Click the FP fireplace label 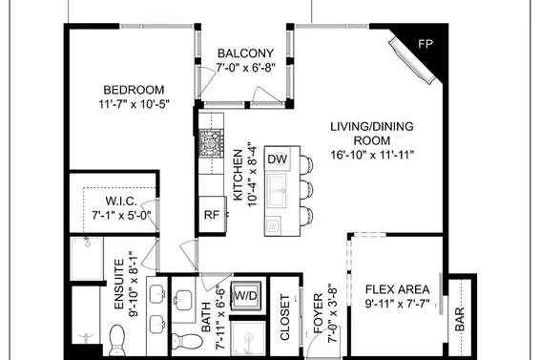pos(426,44)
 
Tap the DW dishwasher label pos(278,159)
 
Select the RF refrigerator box pos(212,215)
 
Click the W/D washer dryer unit pos(246,295)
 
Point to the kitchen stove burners pos(211,143)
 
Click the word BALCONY pos(245,53)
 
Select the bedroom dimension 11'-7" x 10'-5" pos(134,104)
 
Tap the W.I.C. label pos(121,201)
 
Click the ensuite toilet pos(116,340)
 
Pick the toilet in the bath pos(187,341)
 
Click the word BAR pos(460,319)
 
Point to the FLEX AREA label pos(398,289)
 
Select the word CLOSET pos(285,317)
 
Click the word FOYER pos(319,313)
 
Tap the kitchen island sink pos(277,191)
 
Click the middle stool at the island pos(306,189)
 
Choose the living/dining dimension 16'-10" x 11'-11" pos(372,155)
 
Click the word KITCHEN pos(238,175)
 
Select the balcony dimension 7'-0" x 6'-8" pos(246,68)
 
